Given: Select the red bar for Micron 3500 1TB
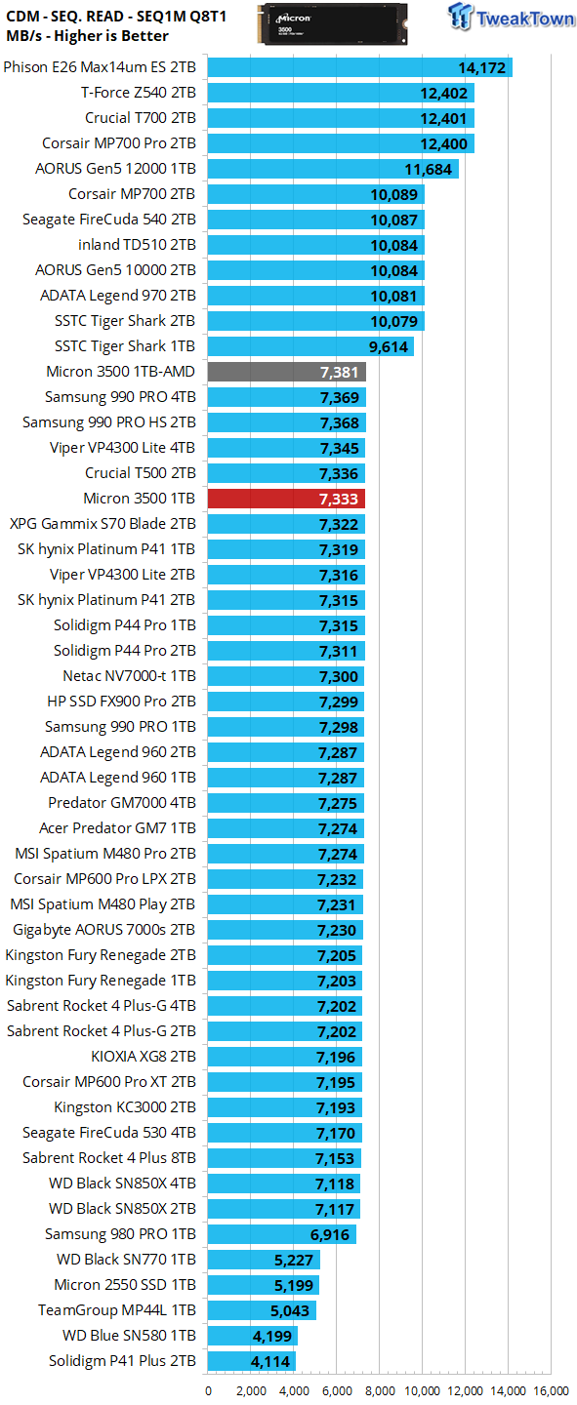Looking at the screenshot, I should click(x=286, y=499).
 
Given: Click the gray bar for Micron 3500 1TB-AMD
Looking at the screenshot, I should click(x=286, y=372).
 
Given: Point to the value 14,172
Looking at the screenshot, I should click(x=482, y=67).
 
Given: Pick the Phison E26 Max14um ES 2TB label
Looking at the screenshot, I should click(x=100, y=67).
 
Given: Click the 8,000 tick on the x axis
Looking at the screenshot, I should click(x=379, y=1390).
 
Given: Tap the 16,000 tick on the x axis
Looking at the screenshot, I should click(x=552, y=1390).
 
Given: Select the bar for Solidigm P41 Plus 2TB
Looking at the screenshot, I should click(x=252, y=1361).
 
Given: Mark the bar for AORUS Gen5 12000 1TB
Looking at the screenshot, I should click(x=333, y=169).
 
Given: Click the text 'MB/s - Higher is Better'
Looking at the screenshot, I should click(x=87, y=36).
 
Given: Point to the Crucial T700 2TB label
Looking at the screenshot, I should click(x=141, y=118).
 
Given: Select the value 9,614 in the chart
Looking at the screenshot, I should click(x=389, y=346).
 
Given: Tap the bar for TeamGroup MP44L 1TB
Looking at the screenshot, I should click(x=262, y=1310).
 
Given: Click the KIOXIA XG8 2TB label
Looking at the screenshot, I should click(x=144, y=1057).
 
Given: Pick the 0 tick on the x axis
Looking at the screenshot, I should click(x=208, y=1390).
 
